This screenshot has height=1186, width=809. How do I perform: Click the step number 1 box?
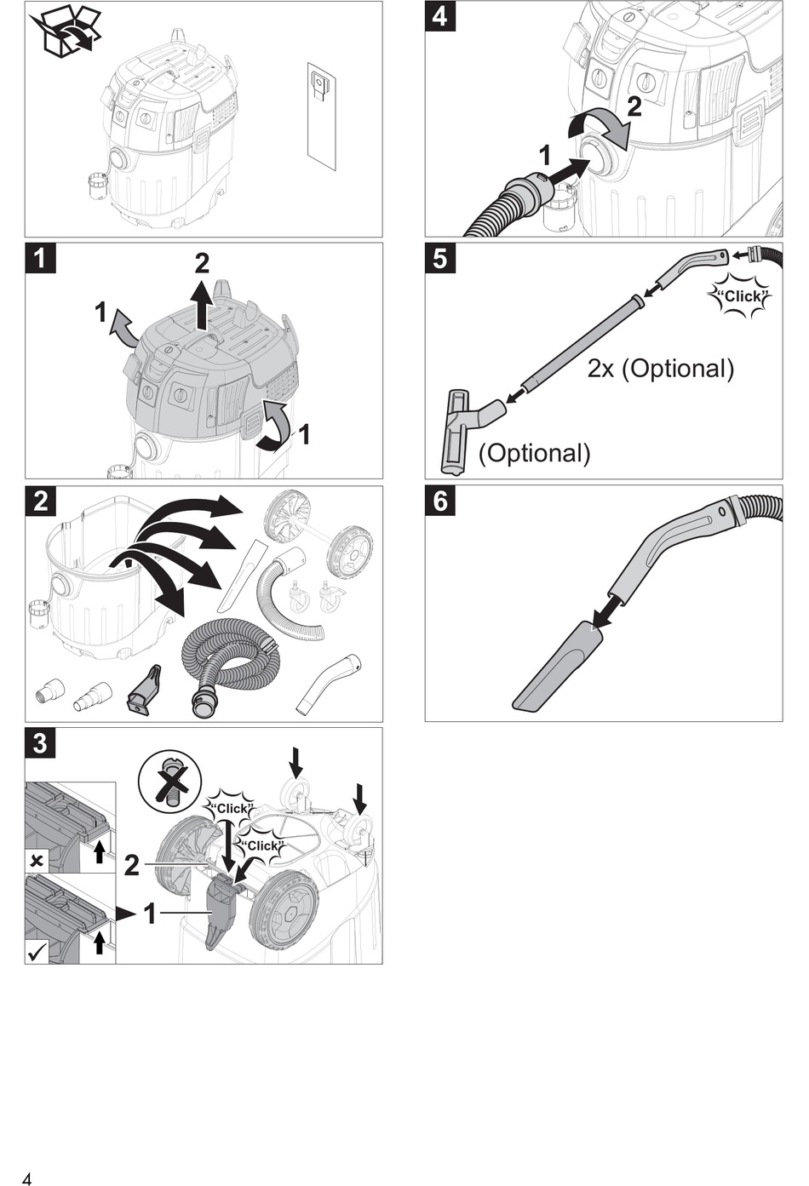(40, 258)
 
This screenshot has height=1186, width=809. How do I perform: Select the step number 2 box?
(40, 501)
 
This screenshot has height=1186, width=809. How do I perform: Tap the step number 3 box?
(40, 742)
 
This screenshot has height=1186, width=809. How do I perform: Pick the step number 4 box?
(440, 16)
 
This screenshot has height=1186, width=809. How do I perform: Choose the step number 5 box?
(440, 258)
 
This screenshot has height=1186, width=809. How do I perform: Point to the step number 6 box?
(440, 501)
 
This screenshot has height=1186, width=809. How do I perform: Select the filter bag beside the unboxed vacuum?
(322, 115)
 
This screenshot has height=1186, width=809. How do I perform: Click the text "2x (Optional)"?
(661, 369)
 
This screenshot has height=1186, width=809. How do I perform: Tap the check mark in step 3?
(37, 952)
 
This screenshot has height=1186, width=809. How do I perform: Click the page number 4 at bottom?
(28, 1179)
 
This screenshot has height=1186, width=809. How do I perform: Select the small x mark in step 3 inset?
(36, 861)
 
